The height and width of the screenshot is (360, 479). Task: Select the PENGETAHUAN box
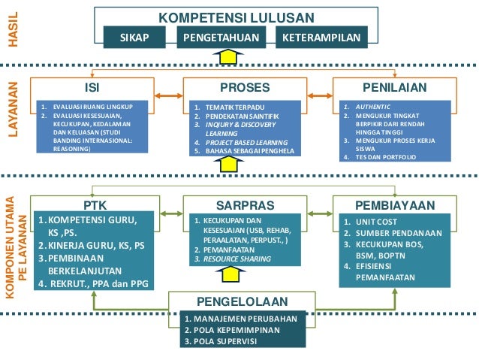pos(221,37)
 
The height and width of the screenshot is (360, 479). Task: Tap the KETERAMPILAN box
pos(318,37)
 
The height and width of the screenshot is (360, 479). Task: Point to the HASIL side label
pos(12,31)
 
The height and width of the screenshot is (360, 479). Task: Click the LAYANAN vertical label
pos(12,113)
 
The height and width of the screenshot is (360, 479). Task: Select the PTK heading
pos(95,204)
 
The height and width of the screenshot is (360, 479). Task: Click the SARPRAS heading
pos(239,204)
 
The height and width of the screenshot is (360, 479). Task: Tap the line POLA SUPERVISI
pos(221,341)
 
